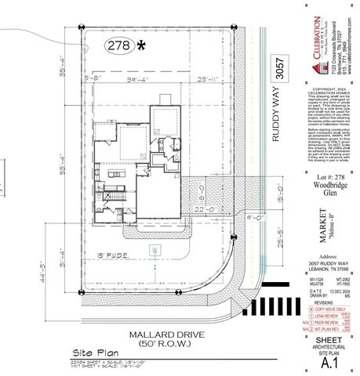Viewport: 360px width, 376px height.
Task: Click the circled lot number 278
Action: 120,45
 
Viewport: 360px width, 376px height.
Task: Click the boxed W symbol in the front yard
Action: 155,249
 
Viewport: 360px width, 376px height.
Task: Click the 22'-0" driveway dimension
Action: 183,210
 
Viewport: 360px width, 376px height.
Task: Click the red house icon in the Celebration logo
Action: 316,27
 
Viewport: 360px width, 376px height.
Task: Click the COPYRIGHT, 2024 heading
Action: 329,90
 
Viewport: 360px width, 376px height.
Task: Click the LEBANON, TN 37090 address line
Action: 329,269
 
